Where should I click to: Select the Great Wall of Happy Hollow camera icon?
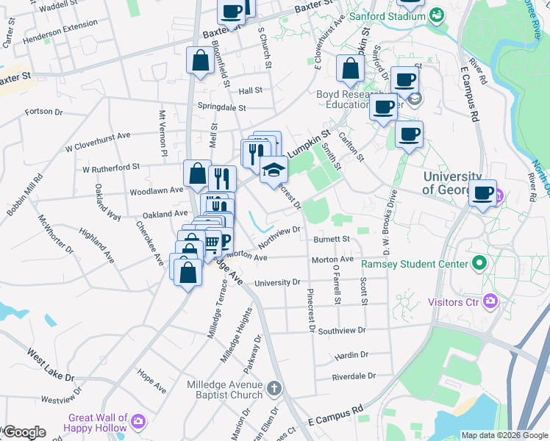[138, 421]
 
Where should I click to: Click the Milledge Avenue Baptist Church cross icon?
[274, 387]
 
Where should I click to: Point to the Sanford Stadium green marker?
[438, 14]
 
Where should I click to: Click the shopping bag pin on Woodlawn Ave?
[197, 175]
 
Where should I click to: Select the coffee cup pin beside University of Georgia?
[482, 193]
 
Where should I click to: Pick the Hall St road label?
[251, 90]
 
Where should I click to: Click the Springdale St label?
[221, 107]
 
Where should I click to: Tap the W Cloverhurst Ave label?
[97, 135]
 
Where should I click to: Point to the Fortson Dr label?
[44, 112]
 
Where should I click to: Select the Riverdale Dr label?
[354, 376]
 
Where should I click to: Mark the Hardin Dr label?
[351, 355]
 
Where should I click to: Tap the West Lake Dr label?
[51, 365]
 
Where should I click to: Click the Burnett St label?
[332, 240]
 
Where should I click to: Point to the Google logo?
[24, 432]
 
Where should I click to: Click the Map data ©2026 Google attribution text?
[504, 435]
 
